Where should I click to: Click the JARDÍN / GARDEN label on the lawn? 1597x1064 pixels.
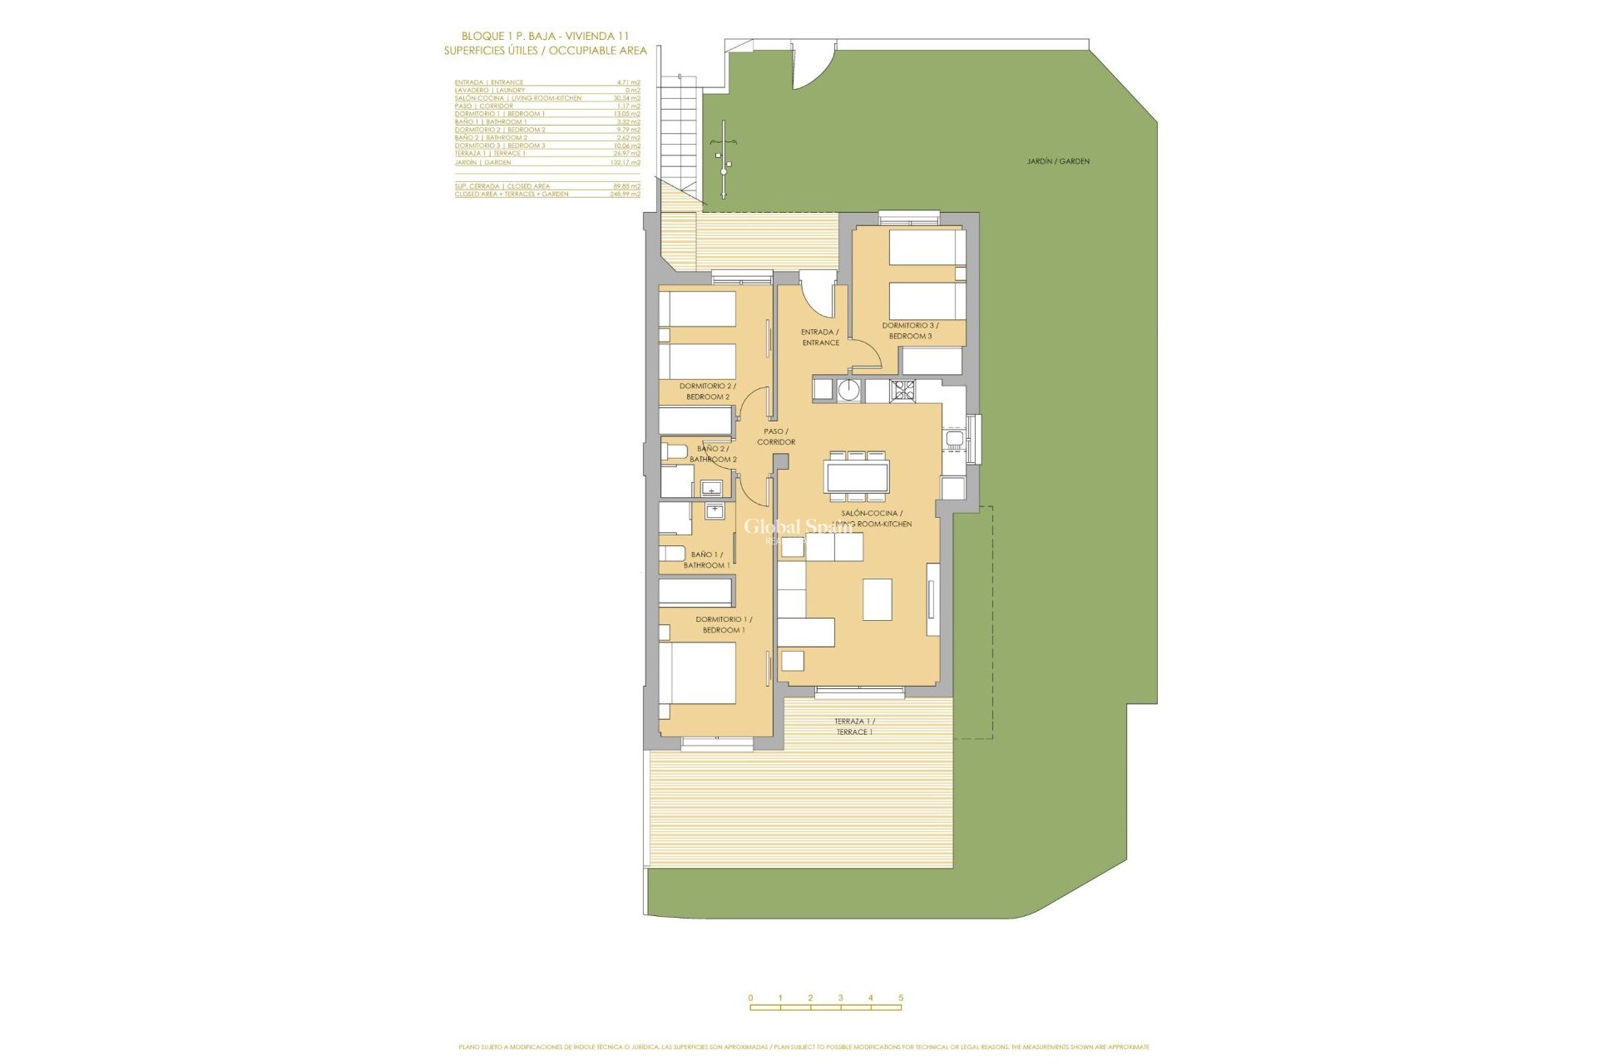(1058, 161)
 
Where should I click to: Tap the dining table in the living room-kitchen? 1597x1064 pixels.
(856, 477)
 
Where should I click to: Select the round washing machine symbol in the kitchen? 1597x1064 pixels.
(848, 389)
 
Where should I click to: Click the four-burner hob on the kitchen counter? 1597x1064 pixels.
(902, 389)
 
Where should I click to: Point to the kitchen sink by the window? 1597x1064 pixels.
(954, 440)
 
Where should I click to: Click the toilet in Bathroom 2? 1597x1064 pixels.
(675, 451)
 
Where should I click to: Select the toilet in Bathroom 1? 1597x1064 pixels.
(672, 554)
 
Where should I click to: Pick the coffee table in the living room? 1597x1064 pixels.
(877, 599)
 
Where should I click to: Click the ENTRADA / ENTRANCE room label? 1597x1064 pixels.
(820, 337)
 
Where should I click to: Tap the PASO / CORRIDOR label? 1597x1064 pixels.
(776, 436)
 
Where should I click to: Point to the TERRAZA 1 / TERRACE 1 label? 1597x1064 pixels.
(854, 727)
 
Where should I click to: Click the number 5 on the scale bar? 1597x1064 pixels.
(901, 997)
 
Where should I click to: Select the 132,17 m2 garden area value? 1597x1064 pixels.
(625, 163)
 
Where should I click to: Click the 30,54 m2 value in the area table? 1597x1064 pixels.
(626, 98)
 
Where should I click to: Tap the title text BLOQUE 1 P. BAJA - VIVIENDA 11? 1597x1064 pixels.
(545, 36)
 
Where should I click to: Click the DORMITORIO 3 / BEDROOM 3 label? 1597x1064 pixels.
(910, 331)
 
